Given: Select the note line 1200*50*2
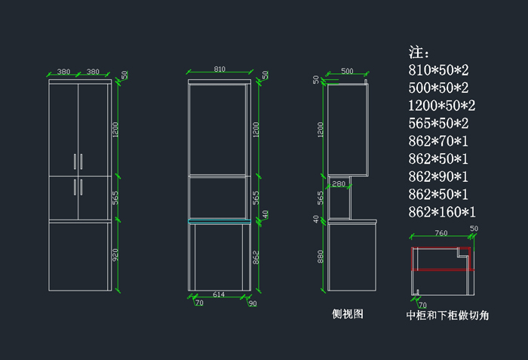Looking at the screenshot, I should [x=441, y=106].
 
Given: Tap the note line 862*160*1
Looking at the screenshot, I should [x=441, y=212].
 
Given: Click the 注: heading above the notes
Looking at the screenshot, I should [x=419, y=53].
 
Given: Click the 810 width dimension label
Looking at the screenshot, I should [x=219, y=69].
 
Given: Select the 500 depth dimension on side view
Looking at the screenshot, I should [x=347, y=71].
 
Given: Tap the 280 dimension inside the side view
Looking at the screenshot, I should [x=339, y=183].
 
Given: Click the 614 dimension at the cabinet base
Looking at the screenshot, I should [x=218, y=294].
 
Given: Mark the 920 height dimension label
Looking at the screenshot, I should [x=115, y=256].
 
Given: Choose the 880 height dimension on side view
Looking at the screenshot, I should [x=321, y=257].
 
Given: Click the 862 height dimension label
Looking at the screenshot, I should [x=256, y=257].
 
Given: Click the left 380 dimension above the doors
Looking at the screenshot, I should [x=63, y=72].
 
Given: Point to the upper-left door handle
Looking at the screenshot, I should [x=75, y=162].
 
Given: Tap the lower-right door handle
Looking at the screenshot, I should [x=81, y=186].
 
